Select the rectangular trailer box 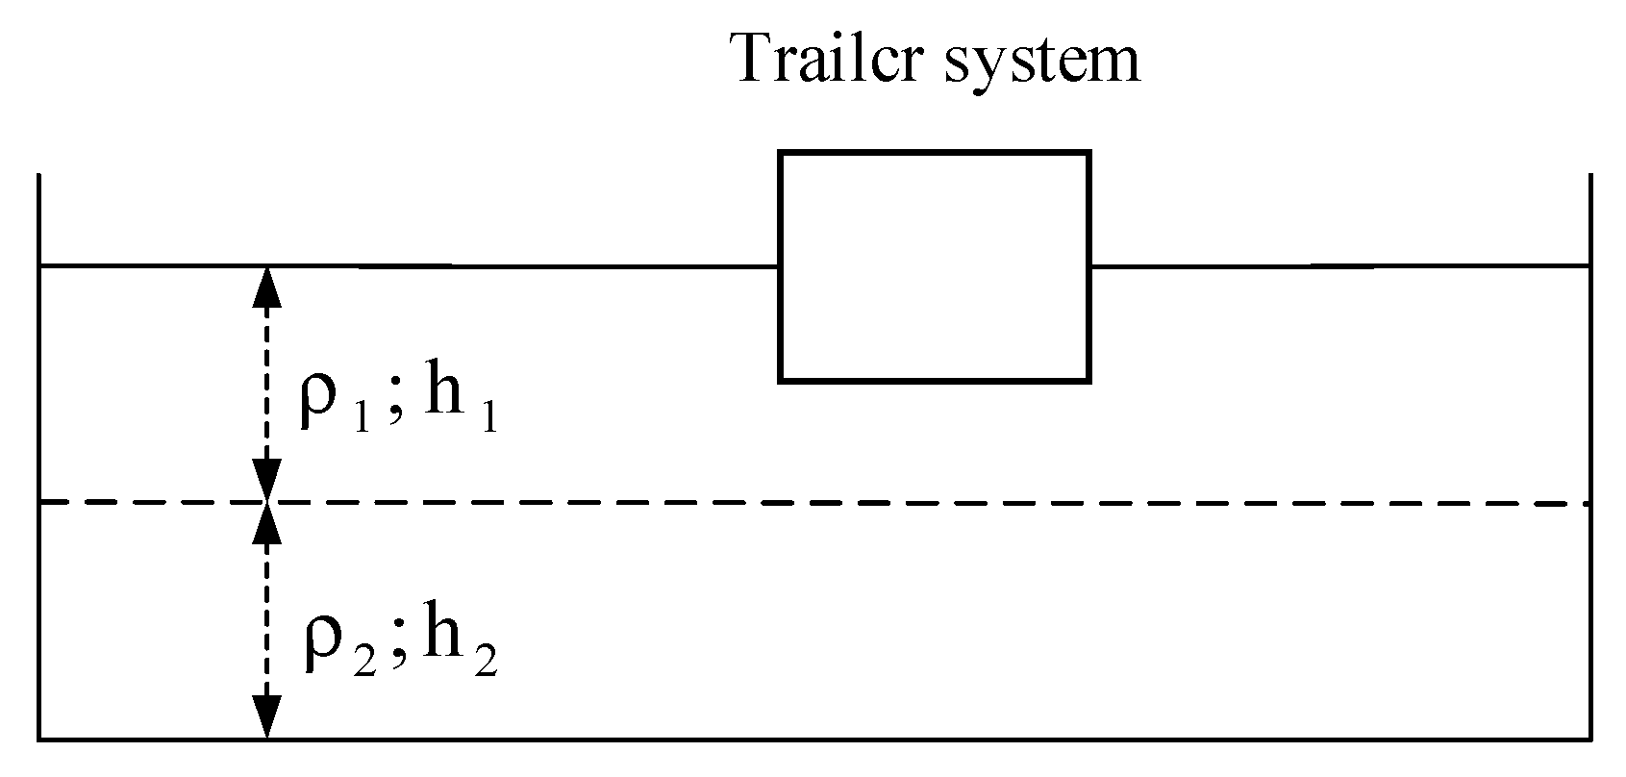(934, 266)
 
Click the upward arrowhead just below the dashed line (266, 524)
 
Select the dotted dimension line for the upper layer (266, 385)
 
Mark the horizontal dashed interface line (865, 502)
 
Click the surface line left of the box (519, 265)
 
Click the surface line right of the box (1346, 265)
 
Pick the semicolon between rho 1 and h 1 (396, 409)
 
